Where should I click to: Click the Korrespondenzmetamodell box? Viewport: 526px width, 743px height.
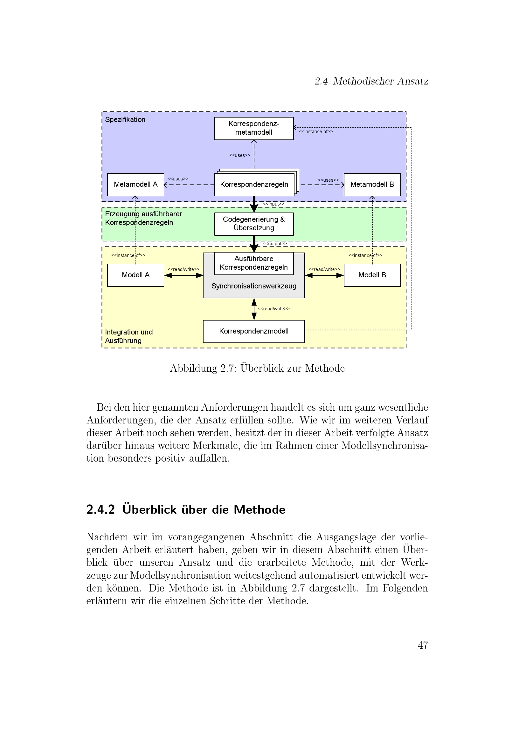coord(254,128)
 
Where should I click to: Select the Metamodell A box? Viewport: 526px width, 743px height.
coord(135,185)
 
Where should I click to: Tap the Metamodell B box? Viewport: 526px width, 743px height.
coord(372,185)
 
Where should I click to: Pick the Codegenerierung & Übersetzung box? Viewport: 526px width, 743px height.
coord(254,224)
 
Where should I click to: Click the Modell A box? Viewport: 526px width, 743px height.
coord(135,275)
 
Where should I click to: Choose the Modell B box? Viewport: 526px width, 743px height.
coord(372,275)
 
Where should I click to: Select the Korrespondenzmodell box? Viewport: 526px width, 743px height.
coord(253,331)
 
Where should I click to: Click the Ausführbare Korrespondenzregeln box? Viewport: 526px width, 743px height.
coord(254,263)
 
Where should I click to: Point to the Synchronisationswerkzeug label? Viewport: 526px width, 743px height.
coord(253,286)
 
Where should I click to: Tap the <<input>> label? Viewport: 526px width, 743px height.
coord(273,204)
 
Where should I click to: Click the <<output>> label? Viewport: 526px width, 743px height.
coord(275,244)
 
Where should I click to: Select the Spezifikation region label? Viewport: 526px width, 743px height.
coord(125,120)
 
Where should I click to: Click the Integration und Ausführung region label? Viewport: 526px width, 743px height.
coord(128,336)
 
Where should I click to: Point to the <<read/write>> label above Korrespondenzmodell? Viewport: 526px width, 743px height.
coord(273,309)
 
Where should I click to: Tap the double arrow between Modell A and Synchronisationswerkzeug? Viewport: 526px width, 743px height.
coord(183,275)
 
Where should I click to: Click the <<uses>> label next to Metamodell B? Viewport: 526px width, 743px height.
coord(328,180)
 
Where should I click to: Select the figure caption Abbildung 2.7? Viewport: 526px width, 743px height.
coord(257,368)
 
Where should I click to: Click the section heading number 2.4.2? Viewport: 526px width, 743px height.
coord(100,510)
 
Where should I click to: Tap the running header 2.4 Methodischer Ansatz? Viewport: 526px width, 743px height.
coord(371,81)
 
